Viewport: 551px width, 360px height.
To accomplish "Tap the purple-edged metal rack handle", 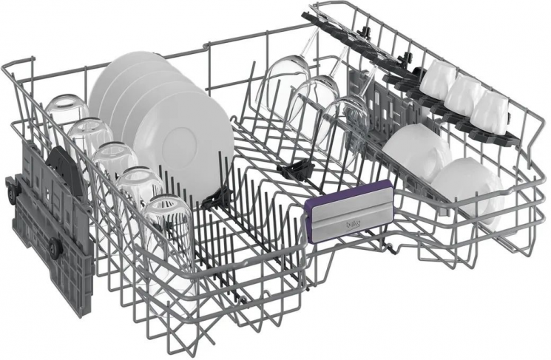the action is click(350, 211).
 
